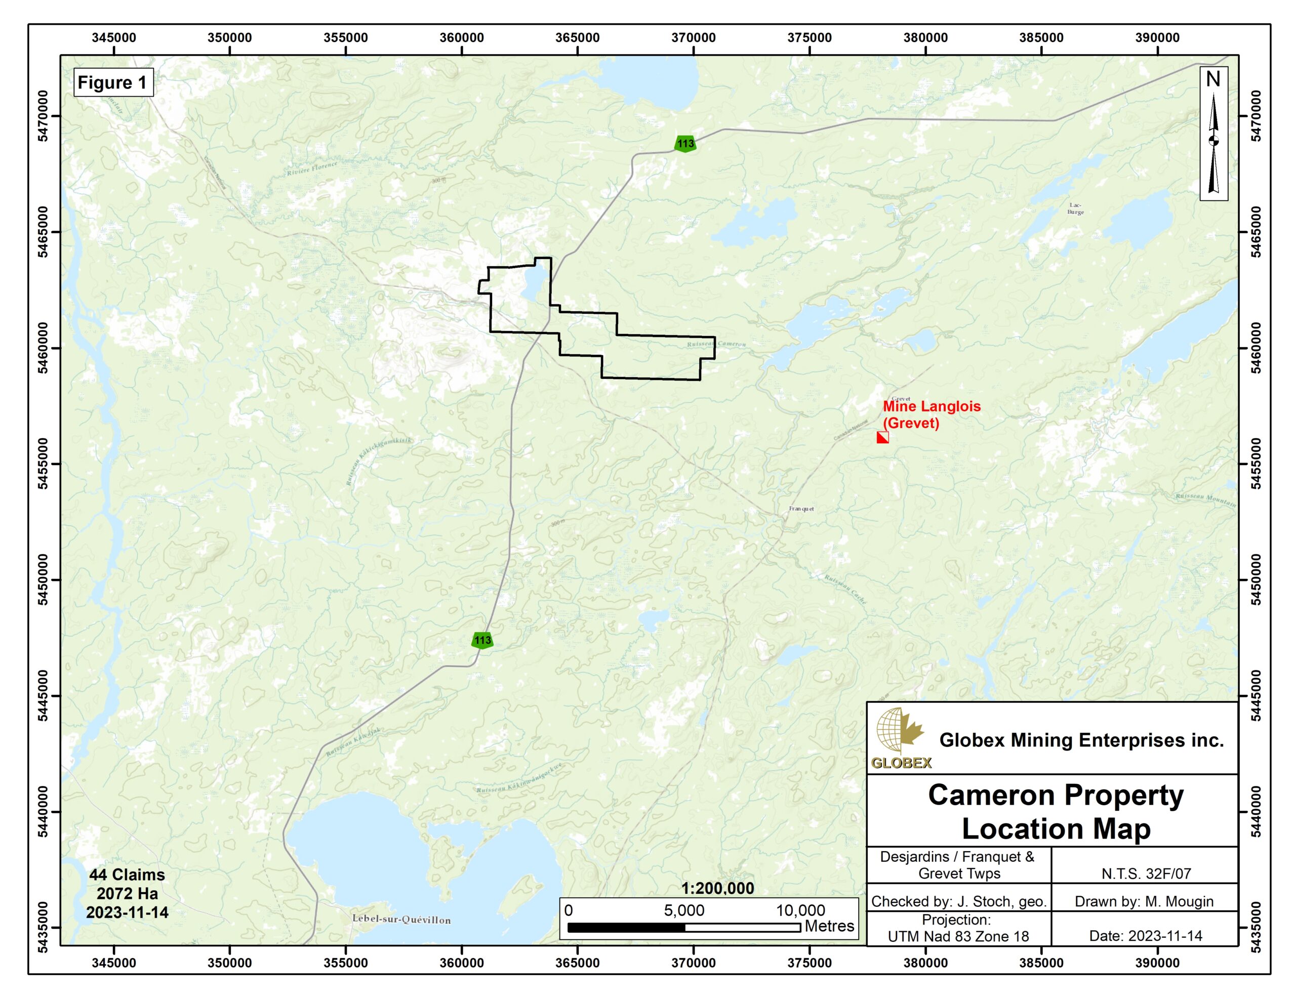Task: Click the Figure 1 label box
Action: point(112,82)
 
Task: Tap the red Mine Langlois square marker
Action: point(882,437)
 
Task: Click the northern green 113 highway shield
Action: point(685,144)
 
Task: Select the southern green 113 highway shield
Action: point(482,640)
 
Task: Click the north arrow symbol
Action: point(1213,134)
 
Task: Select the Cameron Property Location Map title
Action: point(1056,812)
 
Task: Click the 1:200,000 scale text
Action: point(717,888)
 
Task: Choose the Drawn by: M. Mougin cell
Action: point(1144,901)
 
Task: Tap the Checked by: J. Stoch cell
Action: point(958,901)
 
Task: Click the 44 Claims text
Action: point(127,874)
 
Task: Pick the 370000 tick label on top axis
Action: point(693,38)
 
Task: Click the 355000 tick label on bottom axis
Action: point(345,963)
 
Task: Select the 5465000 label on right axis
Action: point(1255,232)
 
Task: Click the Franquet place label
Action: point(801,509)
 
